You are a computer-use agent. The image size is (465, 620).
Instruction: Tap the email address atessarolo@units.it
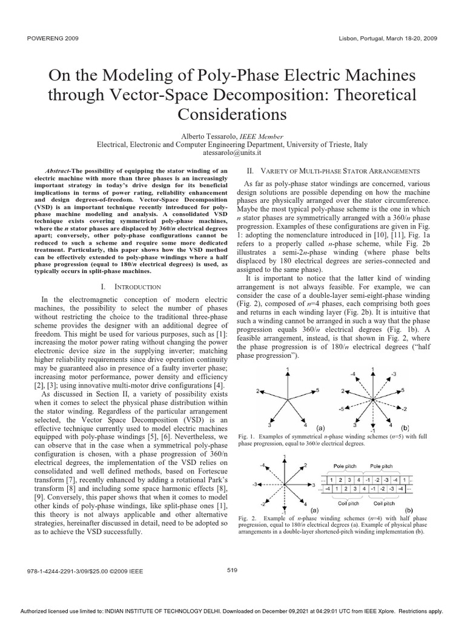(233, 154)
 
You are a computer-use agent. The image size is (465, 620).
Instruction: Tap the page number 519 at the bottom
(232, 569)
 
